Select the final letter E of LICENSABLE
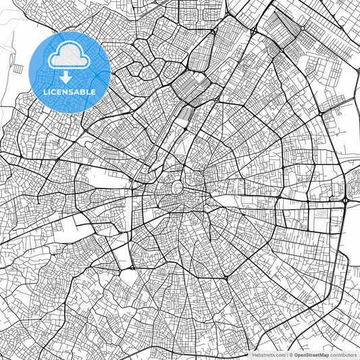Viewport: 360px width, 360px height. [94, 92]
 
